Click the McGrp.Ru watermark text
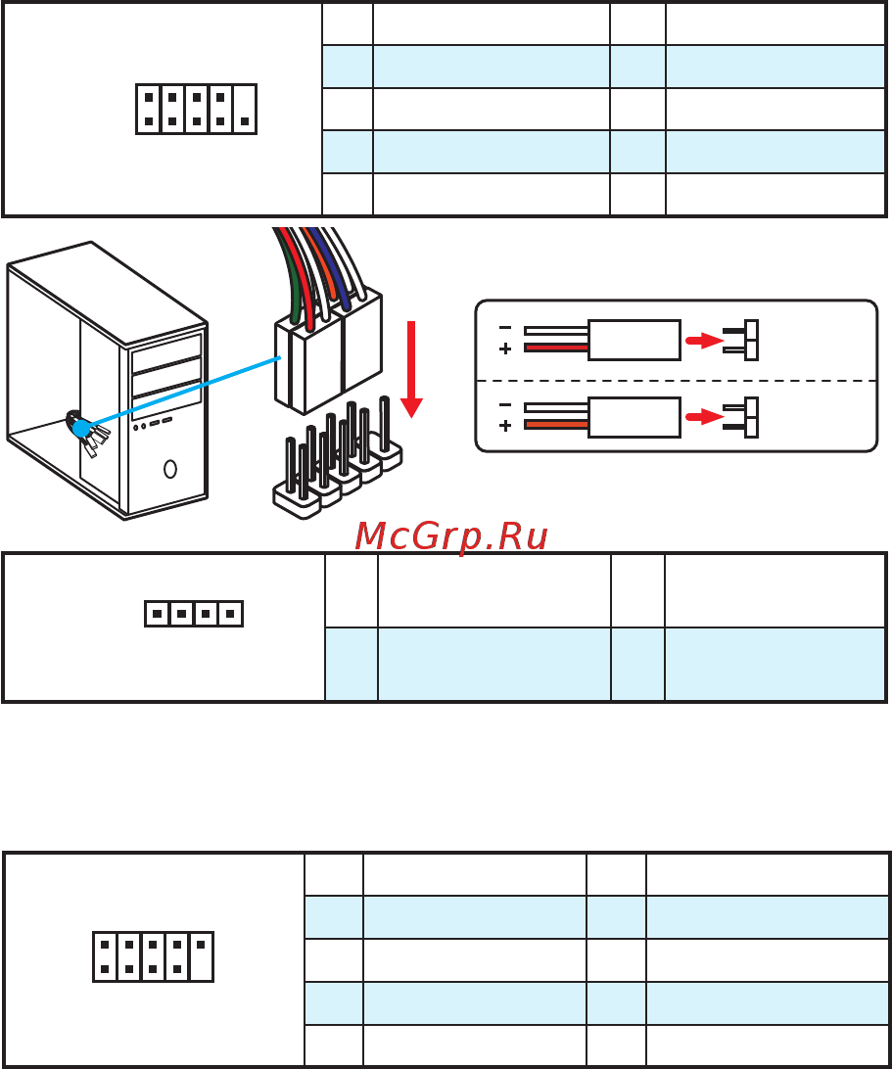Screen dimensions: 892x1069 [x=450, y=536]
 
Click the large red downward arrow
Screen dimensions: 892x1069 [x=411, y=369]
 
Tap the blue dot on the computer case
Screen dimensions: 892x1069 [x=81, y=428]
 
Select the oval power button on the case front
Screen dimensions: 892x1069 [x=169, y=468]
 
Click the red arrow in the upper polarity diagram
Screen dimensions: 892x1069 [x=704, y=340]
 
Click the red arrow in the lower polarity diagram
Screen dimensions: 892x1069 [x=704, y=417]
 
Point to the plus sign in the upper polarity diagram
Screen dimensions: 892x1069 [x=504, y=349]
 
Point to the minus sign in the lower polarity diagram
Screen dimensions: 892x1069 [x=504, y=405]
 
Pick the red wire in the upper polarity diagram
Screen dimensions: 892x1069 [x=556, y=348]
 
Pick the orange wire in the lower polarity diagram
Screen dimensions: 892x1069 [x=556, y=425]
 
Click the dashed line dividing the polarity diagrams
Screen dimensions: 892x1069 [x=676, y=381]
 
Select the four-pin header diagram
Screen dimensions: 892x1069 [x=194, y=614]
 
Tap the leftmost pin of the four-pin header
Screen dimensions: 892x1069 [x=157, y=614]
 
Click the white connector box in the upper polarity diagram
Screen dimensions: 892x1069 [x=634, y=340]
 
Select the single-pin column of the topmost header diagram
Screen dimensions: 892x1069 [x=244, y=109]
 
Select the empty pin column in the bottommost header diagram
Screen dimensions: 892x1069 [x=201, y=956]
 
